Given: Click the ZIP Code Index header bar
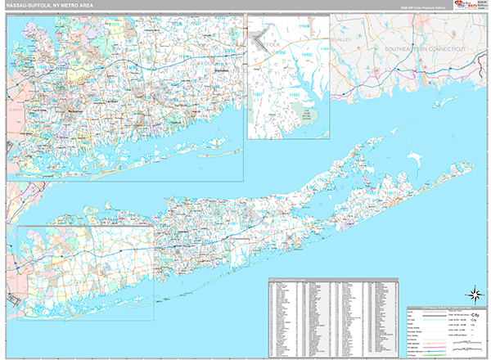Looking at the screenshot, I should click(x=336, y=281).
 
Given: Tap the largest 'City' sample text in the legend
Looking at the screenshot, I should click(x=464, y=314).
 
